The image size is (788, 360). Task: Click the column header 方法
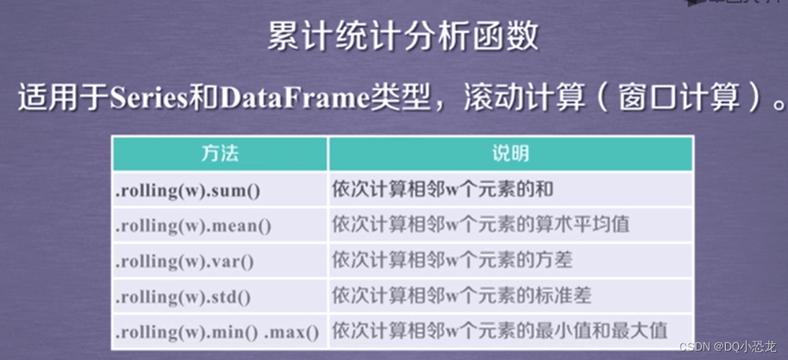click(219, 153)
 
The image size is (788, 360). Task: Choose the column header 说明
click(510, 153)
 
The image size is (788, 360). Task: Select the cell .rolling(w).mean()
click(194, 225)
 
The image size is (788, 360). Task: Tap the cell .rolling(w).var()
click(185, 261)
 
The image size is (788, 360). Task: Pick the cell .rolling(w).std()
click(184, 296)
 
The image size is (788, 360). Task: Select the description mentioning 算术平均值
click(480, 225)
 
